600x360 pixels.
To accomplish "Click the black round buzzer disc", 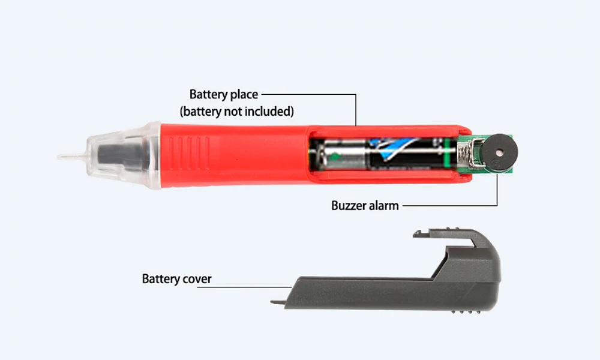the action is pyautogui.click(x=499, y=152).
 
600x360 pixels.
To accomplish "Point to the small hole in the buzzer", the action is pyautogui.click(x=499, y=152).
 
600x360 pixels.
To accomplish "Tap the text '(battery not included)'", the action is pyautogui.click(x=237, y=112).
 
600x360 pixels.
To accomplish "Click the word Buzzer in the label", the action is pyautogui.click(x=347, y=205).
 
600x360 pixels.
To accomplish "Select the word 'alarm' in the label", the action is pyautogui.click(x=383, y=205).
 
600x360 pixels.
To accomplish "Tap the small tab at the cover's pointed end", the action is pyautogui.click(x=278, y=302).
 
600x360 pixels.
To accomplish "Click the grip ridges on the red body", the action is pyautogui.click(x=189, y=153).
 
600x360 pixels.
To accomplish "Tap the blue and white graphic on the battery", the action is pyautogui.click(x=394, y=147).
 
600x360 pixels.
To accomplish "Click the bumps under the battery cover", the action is pyautogui.click(x=466, y=312).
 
